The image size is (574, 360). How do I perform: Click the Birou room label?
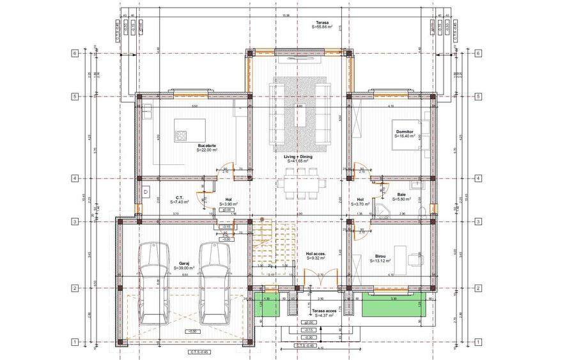(376, 258)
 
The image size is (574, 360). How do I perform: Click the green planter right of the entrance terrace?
(394, 307)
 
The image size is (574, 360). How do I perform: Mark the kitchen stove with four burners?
(181, 136)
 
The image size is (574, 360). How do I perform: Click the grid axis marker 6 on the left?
(75, 54)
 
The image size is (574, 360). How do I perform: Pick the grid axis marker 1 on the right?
(477, 343)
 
